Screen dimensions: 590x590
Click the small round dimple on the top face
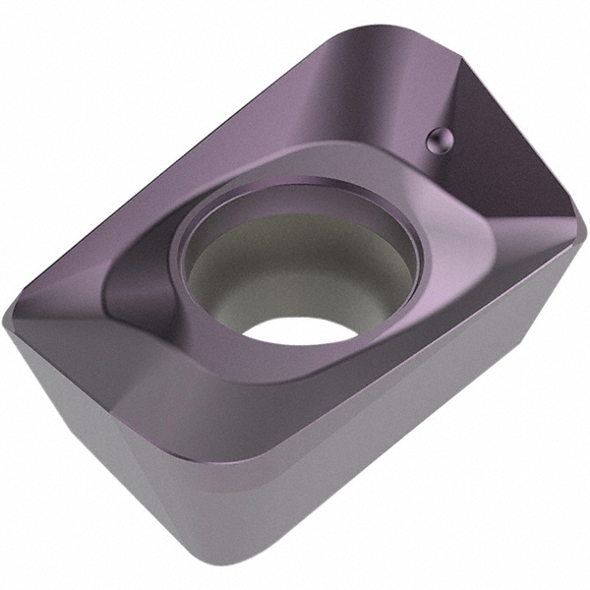click(438, 141)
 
